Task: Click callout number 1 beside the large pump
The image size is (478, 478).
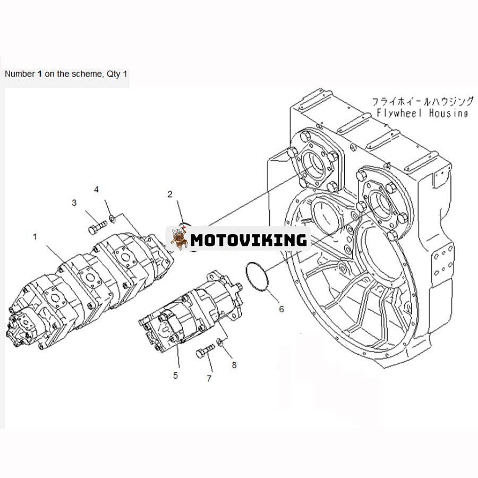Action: [35, 237]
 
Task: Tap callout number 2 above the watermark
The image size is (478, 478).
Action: [170, 194]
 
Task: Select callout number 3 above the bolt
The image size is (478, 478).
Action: [74, 202]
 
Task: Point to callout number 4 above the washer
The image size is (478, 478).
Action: [96, 189]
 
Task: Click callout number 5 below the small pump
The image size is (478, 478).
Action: [175, 375]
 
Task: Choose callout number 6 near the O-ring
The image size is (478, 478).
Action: [281, 309]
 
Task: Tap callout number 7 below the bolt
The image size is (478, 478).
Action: [209, 378]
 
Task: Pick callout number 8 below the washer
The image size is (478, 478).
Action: [234, 365]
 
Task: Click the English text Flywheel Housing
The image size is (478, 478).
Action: [422, 113]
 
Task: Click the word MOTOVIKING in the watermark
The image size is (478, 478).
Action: [248, 240]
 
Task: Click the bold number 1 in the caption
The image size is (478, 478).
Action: [40, 74]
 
